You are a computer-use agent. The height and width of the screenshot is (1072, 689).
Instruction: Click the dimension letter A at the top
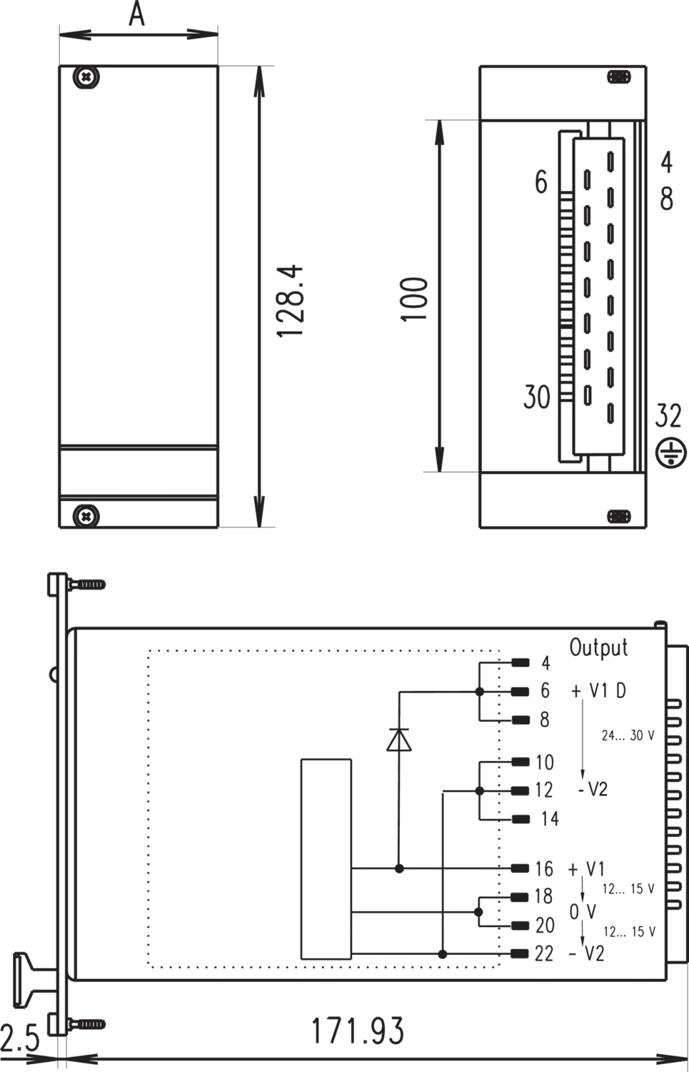click(x=137, y=14)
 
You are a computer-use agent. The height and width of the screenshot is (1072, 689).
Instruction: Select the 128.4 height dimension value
click(x=290, y=301)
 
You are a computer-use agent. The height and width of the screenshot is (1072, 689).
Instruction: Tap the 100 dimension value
click(x=414, y=299)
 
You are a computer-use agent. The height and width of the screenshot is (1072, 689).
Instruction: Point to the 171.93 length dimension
click(x=358, y=1031)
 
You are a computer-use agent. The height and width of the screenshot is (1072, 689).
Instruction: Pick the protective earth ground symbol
click(x=671, y=452)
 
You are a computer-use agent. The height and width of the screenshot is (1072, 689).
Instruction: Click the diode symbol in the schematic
click(x=399, y=740)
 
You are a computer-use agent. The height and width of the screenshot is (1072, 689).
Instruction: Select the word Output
click(x=598, y=648)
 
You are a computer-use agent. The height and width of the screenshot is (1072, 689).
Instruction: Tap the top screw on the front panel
click(x=86, y=76)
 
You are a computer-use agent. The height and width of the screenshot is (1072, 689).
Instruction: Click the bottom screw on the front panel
click(x=86, y=516)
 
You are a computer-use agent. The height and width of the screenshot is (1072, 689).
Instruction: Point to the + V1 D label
click(x=598, y=690)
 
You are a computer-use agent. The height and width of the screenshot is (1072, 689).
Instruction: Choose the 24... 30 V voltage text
click(x=628, y=735)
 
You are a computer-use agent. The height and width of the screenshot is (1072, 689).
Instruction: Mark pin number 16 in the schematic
click(x=544, y=869)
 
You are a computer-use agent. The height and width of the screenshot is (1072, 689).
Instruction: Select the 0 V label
click(x=583, y=912)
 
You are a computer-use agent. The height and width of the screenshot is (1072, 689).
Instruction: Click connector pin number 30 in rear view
click(x=536, y=397)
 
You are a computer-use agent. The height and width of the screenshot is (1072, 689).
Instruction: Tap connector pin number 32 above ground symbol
click(x=668, y=415)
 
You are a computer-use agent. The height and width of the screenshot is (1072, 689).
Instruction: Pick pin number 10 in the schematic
click(x=545, y=763)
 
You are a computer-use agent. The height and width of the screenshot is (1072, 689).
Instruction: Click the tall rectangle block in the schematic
click(x=326, y=859)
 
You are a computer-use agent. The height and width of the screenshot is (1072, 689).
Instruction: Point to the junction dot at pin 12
click(x=480, y=791)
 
